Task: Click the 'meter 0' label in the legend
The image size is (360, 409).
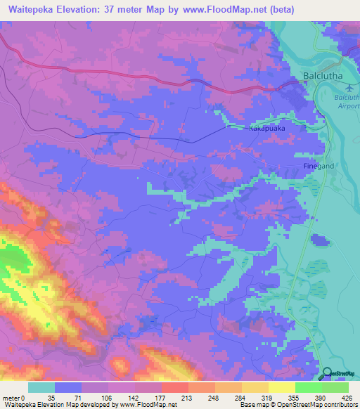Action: click(15, 398)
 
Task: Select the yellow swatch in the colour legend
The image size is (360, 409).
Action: click(281, 387)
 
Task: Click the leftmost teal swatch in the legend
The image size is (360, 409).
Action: click(41, 387)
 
